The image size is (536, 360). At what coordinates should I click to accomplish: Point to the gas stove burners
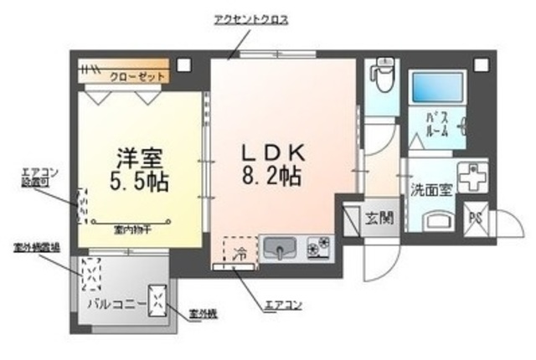click(319, 247)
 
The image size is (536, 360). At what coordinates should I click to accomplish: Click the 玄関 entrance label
click(379, 219)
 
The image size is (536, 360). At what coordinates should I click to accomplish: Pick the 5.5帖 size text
click(140, 182)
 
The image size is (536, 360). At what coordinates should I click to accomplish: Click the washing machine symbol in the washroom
click(475, 176)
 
